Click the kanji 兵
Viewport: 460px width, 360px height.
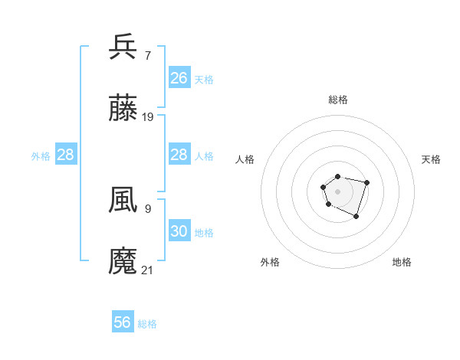pos(123,47)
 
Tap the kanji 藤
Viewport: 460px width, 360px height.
pos(123,109)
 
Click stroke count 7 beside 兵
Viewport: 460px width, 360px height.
pos(147,55)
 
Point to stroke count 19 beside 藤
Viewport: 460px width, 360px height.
pos(148,117)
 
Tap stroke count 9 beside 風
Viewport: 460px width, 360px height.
pos(147,208)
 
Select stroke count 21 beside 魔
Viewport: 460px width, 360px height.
pos(148,270)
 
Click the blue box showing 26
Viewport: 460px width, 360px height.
pos(179,77)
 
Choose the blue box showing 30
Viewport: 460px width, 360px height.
pos(179,231)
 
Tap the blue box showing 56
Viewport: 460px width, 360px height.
pos(123,322)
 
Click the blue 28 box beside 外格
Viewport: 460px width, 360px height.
pos(66,155)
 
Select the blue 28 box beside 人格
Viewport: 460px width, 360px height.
pos(179,155)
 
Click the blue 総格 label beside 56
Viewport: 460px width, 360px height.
pos(147,324)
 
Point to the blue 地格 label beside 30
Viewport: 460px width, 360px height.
pos(203,232)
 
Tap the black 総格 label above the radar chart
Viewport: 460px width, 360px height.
pos(337,100)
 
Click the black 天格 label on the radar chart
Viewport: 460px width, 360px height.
pos(431,159)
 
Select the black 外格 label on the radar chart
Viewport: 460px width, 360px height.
pos(270,262)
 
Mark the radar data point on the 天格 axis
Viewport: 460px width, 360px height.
pos(367,182)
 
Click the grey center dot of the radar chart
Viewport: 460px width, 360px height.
pos(337,191)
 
